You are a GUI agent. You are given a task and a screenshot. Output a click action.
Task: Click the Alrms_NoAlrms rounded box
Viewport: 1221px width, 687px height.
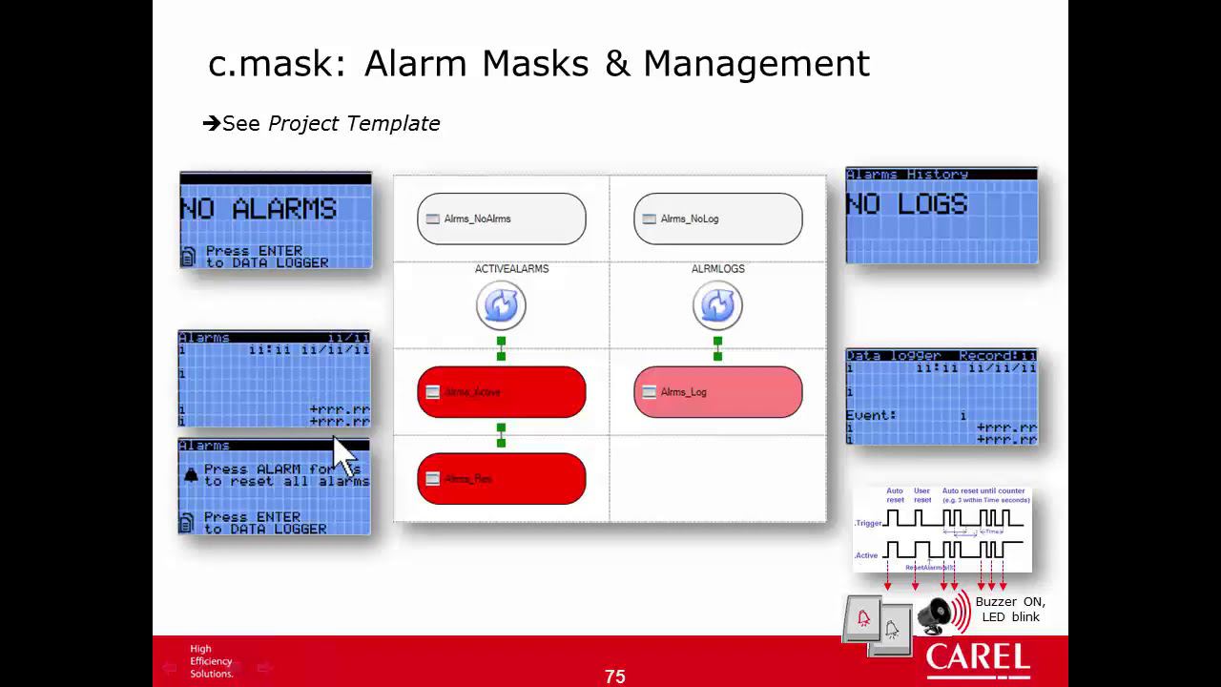pyautogui.click(x=501, y=219)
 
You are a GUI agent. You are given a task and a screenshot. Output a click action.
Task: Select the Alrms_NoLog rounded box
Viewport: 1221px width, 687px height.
pyautogui.click(x=717, y=219)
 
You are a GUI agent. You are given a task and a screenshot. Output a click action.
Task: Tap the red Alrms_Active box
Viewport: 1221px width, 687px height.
pyautogui.click(x=501, y=392)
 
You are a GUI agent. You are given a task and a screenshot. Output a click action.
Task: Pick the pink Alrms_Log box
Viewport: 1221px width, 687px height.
pyautogui.click(x=717, y=392)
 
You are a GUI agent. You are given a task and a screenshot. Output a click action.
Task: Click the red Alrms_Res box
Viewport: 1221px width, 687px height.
pyautogui.click(x=501, y=478)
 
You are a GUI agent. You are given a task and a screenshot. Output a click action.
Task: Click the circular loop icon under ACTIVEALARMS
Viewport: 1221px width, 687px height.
pyautogui.click(x=501, y=305)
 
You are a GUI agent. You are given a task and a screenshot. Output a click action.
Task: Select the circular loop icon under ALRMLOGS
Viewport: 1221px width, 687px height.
pyautogui.click(x=717, y=305)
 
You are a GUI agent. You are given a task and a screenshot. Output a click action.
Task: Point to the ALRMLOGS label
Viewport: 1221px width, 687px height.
pyautogui.click(x=717, y=269)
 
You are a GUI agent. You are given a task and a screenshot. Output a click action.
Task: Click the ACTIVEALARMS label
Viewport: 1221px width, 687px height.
pyautogui.click(x=511, y=269)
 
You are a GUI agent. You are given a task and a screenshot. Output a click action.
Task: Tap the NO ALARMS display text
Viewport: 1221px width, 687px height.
pyautogui.click(x=259, y=209)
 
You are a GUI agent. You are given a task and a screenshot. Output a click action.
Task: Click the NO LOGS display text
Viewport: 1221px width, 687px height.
pyautogui.click(x=906, y=204)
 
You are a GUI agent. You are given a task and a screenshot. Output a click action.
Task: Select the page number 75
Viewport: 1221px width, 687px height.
pyautogui.click(x=614, y=677)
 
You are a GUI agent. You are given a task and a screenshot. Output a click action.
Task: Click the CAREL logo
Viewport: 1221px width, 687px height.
pyautogui.click(x=978, y=659)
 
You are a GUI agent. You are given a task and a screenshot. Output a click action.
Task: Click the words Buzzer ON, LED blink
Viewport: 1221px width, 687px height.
pyautogui.click(x=1010, y=609)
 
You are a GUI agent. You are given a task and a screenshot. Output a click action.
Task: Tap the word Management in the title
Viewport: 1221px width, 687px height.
pyautogui.click(x=755, y=64)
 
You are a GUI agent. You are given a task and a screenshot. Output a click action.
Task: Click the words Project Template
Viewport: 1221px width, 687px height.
pyautogui.click(x=354, y=123)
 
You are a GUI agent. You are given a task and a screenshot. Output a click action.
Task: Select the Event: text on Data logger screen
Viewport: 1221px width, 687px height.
pyautogui.click(x=870, y=415)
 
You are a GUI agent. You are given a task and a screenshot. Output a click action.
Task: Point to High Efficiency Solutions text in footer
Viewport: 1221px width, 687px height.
pyautogui.click(x=211, y=661)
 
